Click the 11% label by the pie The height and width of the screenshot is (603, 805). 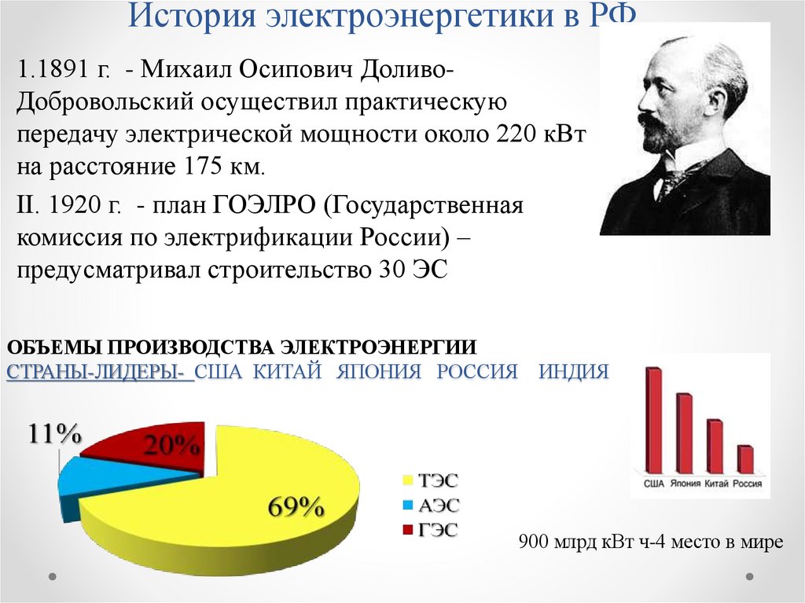pos(55,433)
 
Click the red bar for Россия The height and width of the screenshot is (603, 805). pos(745,459)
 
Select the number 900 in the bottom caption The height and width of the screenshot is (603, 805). pos(535,542)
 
